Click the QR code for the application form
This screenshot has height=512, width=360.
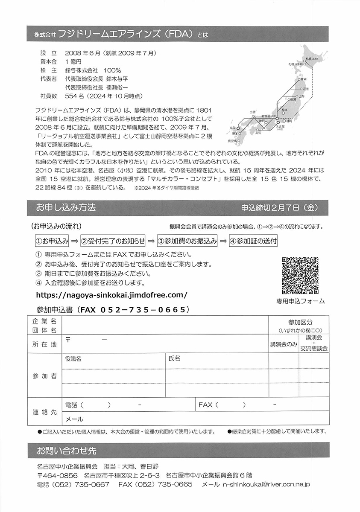[300, 276]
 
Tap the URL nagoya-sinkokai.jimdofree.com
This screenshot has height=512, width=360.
[112, 294]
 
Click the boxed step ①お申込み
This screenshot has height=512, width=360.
[52, 241]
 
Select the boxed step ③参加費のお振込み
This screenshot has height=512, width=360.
[187, 241]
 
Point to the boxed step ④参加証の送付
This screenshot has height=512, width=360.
[253, 241]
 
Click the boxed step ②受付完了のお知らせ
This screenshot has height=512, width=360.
[113, 241]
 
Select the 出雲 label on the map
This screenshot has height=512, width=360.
[253, 112]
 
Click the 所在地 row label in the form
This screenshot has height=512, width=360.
[44, 344]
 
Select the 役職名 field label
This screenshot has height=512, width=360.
[73, 359]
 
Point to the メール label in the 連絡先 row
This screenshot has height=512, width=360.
[74, 419]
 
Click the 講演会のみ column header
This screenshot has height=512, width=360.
[283, 344]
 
